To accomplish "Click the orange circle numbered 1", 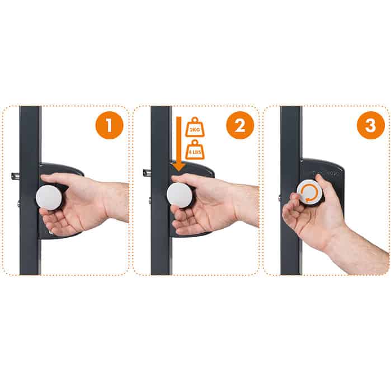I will coord(109,126).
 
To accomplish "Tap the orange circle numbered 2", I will coord(240,126).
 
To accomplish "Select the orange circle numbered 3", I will coord(370,126).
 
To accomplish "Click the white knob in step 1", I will coord(49,197).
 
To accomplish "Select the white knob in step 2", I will coord(180,196).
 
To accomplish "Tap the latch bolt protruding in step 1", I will coord(16,175).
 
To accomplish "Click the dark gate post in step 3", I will coord(290,241).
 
